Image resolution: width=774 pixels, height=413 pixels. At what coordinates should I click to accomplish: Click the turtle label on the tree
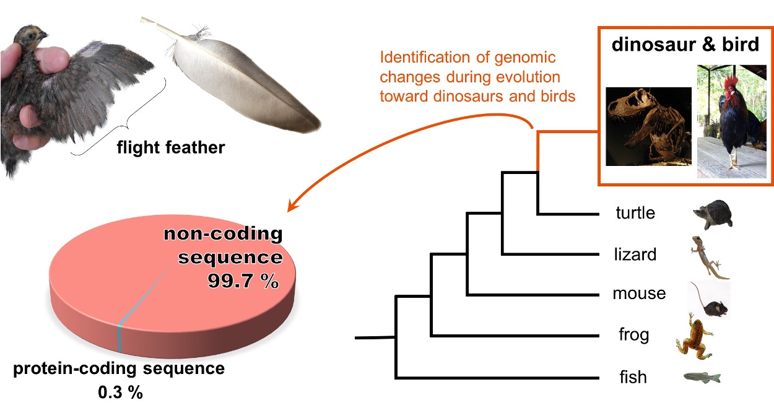pos(635,213)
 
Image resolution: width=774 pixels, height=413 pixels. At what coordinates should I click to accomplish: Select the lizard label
pos(635,254)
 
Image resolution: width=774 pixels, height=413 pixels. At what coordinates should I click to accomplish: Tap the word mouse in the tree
pos(639,293)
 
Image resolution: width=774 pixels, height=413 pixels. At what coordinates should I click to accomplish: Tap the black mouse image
pos(710,301)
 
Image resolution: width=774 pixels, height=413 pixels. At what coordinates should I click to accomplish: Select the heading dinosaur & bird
pos(685,45)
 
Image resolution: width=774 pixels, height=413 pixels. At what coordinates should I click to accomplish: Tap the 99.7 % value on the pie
pos(242,281)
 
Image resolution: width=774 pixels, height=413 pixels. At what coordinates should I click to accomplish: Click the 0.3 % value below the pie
pos(120,392)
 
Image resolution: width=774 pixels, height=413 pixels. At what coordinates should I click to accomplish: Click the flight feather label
pos(171,148)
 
